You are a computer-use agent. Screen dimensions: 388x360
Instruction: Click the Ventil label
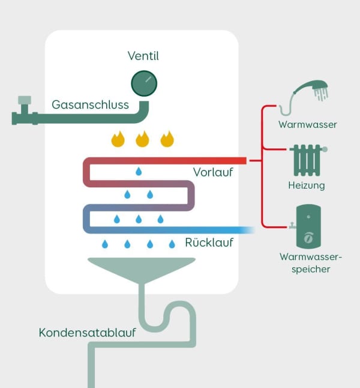coord(143,56)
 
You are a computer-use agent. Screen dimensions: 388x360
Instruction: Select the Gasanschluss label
coord(90,105)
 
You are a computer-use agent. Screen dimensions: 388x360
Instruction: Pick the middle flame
coord(142,139)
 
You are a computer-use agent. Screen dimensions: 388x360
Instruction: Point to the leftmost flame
coord(118,139)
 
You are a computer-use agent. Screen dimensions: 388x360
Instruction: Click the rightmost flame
coord(167,139)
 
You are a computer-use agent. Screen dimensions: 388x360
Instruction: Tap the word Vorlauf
coord(213,172)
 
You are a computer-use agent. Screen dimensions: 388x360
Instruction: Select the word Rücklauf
coord(209,243)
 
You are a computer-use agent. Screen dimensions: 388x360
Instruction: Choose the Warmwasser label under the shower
coord(308,125)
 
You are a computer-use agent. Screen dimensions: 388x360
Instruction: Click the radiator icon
coord(307,159)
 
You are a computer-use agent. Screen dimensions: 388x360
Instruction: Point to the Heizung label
coord(307,186)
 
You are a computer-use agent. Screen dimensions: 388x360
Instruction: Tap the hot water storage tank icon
coord(308,225)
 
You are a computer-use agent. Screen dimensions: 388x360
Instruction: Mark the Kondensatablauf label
coord(88,332)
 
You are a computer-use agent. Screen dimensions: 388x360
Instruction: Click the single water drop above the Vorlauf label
coord(139,172)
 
